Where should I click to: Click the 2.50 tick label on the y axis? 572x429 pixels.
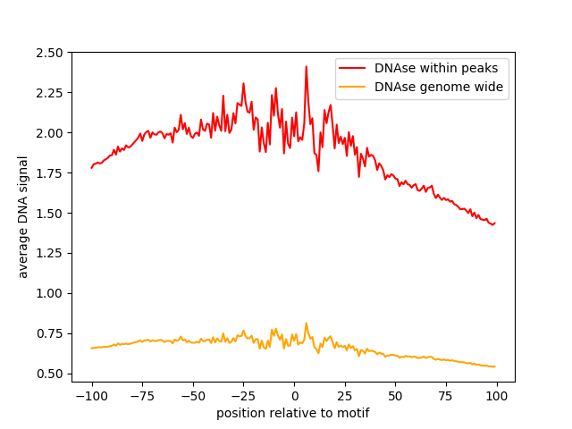point(51,53)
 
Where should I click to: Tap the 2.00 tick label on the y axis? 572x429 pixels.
point(51,133)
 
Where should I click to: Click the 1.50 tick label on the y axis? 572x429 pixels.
point(51,214)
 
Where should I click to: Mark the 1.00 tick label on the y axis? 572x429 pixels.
point(51,294)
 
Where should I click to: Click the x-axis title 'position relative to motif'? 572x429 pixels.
point(293,414)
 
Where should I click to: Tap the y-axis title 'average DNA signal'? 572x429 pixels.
point(23,217)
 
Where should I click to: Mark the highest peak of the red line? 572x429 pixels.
point(306,66)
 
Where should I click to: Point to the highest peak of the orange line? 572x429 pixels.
point(306,324)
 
